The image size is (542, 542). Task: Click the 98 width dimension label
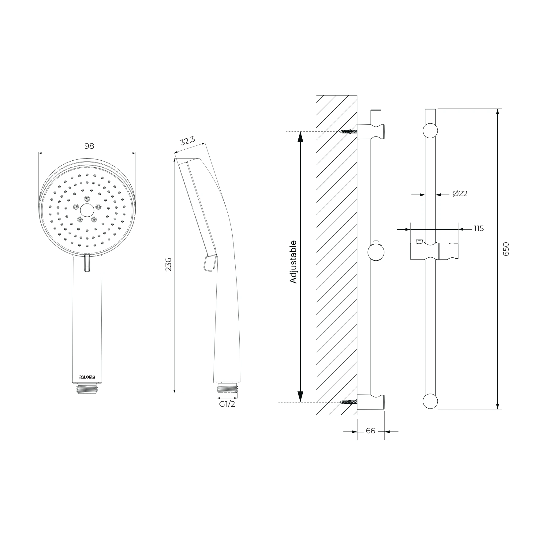pyautogui.click(x=89, y=146)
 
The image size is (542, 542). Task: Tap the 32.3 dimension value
pyautogui.click(x=187, y=141)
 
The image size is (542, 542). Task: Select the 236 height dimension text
pyautogui.click(x=168, y=264)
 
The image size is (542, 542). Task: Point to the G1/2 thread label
pyautogui.click(x=227, y=404)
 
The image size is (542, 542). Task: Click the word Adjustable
pyautogui.click(x=293, y=262)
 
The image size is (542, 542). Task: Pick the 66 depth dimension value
pyautogui.click(x=370, y=431)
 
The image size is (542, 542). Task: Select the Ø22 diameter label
pyautogui.click(x=460, y=193)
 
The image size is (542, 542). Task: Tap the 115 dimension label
pyautogui.click(x=478, y=228)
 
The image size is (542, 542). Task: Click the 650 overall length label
pyautogui.click(x=506, y=249)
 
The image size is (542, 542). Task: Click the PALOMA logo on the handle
pyautogui.click(x=87, y=377)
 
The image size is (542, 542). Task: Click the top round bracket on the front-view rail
pyautogui.click(x=430, y=131)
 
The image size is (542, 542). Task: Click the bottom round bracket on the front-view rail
pyautogui.click(x=430, y=401)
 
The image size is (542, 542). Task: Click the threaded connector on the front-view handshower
pyautogui.click(x=87, y=389)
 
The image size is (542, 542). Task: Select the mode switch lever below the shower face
pyautogui.click(x=87, y=263)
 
